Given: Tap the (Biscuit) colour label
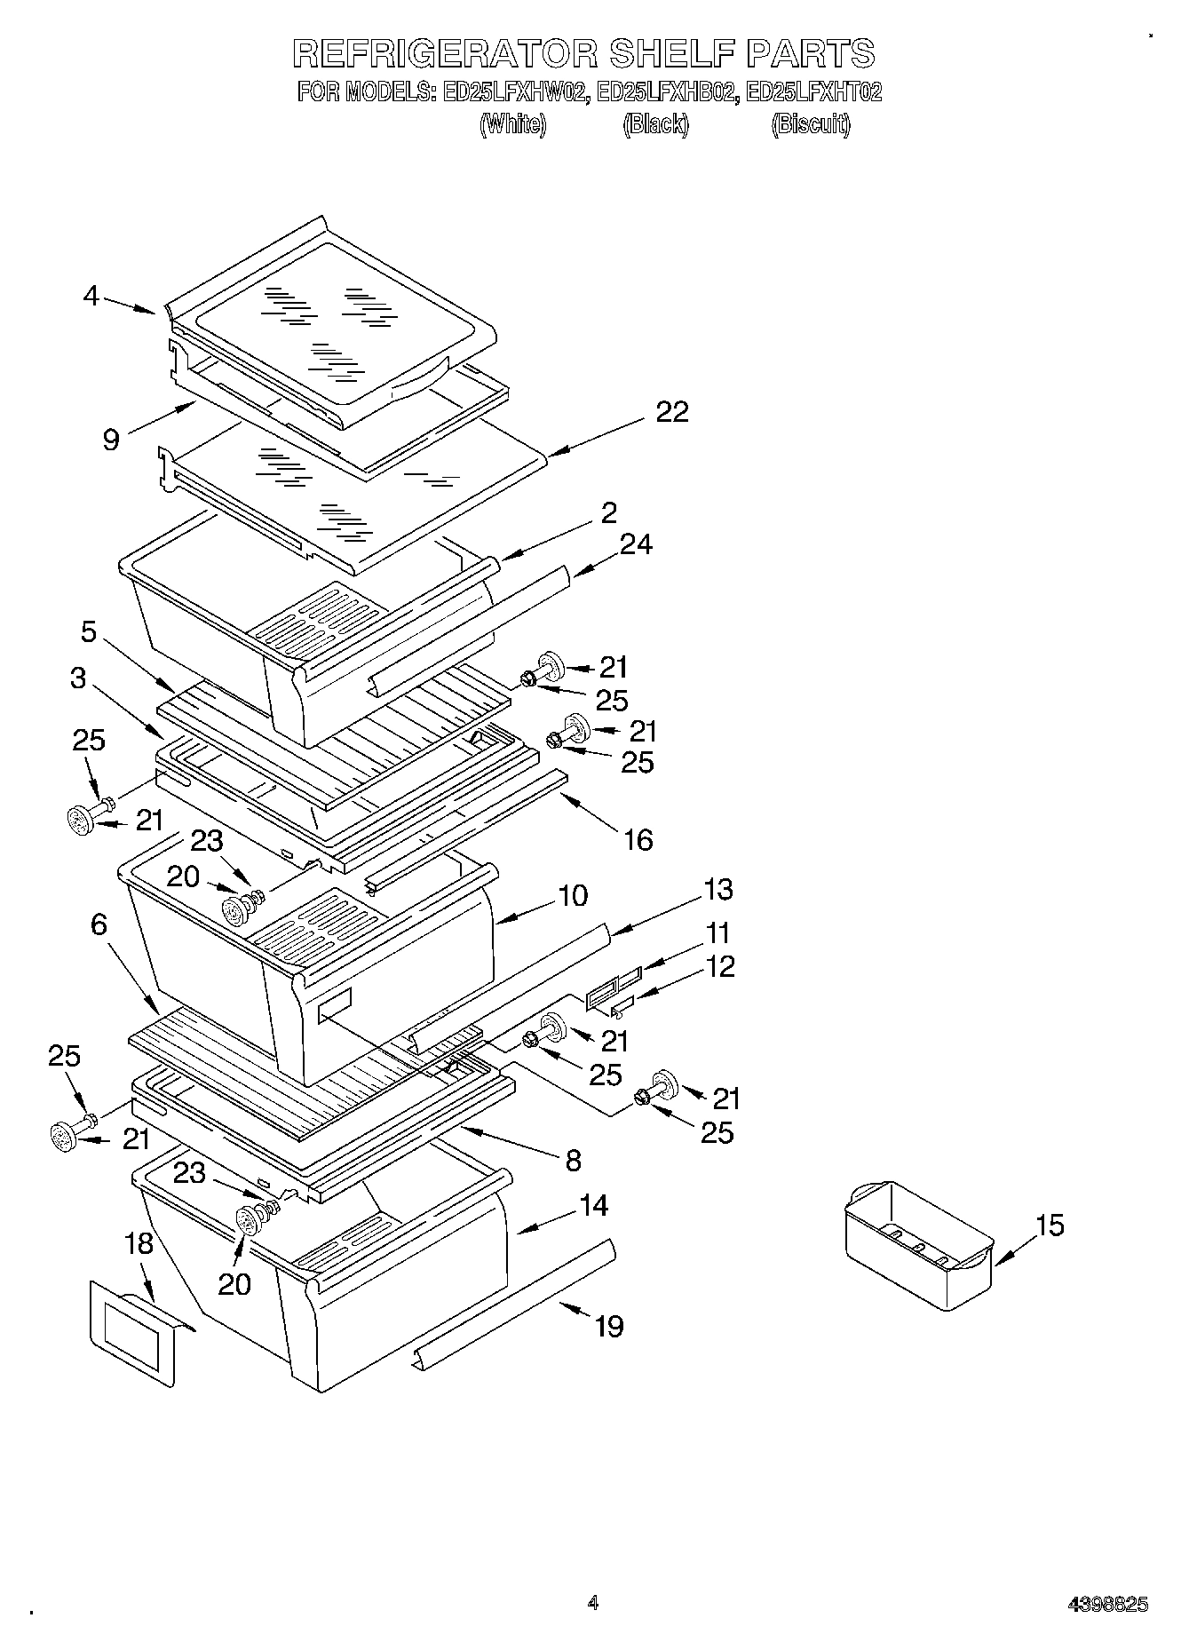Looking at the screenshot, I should (x=810, y=124).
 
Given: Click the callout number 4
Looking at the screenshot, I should (x=91, y=296).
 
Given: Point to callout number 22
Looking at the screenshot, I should (x=672, y=412).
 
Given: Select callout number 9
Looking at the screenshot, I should (x=111, y=439).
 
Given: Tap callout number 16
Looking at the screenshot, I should (x=638, y=839).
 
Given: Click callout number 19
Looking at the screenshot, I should (x=609, y=1326).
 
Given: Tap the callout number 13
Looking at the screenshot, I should (x=717, y=889).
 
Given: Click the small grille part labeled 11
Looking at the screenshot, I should (x=613, y=988).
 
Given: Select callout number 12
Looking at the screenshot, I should (x=721, y=966).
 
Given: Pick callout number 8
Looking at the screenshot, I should (x=573, y=1159).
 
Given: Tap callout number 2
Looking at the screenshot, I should (x=608, y=512).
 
